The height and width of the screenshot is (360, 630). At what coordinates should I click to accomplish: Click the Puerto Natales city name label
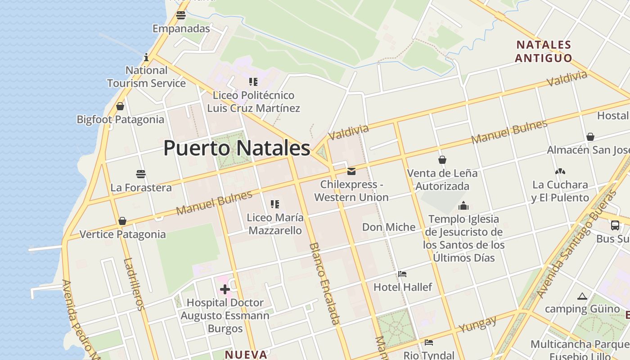pyautogui.click(x=237, y=148)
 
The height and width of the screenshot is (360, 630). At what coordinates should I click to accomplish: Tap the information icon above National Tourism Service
pyautogui.click(x=146, y=58)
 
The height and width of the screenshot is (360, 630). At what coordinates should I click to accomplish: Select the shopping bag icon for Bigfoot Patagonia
pyautogui.click(x=120, y=106)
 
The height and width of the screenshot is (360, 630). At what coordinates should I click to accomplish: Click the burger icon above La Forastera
pyautogui.click(x=141, y=174)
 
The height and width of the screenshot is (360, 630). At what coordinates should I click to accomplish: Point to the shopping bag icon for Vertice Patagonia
pyautogui.click(x=122, y=221)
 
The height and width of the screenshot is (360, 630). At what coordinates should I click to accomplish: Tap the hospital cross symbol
pyautogui.click(x=225, y=289)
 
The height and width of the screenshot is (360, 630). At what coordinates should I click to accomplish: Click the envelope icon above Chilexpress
pyautogui.click(x=351, y=171)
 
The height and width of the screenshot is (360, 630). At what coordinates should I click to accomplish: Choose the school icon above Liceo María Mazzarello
pyautogui.click(x=275, y=204)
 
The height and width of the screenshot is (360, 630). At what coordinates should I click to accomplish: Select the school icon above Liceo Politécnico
pyautogui.click(x=253, y=82)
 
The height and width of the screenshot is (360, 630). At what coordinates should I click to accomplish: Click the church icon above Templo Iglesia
pyautogui.click(x=463, y=206)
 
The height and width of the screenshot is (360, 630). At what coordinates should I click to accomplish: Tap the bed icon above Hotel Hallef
pyautogui.click(x=402, y=274)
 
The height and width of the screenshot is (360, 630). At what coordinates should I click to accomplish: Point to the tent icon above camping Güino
pyautogui.click(x=582, y=296)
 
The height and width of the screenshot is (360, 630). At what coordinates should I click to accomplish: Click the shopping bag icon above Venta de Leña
pyautogui.click(x=442, y=160)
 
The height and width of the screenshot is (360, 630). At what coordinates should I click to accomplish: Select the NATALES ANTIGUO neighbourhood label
pyautogui.click(x=543, y=51)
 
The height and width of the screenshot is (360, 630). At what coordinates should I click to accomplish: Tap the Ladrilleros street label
pyautogui.click(x=134, y=284)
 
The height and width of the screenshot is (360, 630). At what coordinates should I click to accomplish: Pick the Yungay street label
pyautogui.click(x=478, y=324)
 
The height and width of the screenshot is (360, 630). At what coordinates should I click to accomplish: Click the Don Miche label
pyautogui.click(x=389, y=227)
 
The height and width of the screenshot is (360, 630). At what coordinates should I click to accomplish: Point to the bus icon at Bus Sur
pyautogui.click(x=615, y=225)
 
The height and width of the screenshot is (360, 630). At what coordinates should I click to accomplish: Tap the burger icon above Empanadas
pyautogui.click(x=181, y=15)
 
